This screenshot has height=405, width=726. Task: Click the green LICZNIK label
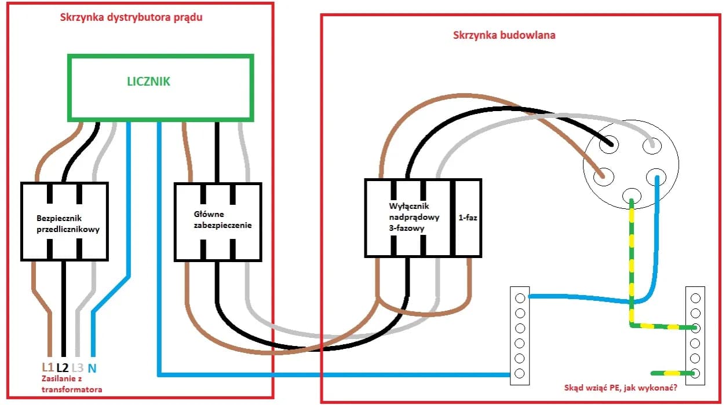(149, 82)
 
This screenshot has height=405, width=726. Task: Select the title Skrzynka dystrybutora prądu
(131, 17)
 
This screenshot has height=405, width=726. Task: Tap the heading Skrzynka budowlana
(504, 35)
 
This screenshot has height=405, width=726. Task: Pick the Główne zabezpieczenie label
(222, 220)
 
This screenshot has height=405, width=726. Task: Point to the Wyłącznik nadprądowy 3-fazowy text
(414, 217)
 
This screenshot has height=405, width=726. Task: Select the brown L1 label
(48, 367)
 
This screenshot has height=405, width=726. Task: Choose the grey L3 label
(78, 367)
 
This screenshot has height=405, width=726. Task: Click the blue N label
(92, 367)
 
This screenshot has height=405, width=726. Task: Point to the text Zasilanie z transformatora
(71, 384)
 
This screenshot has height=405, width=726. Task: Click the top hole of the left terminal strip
(520, 297)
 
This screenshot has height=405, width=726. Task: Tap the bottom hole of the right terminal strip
(695, 373)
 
